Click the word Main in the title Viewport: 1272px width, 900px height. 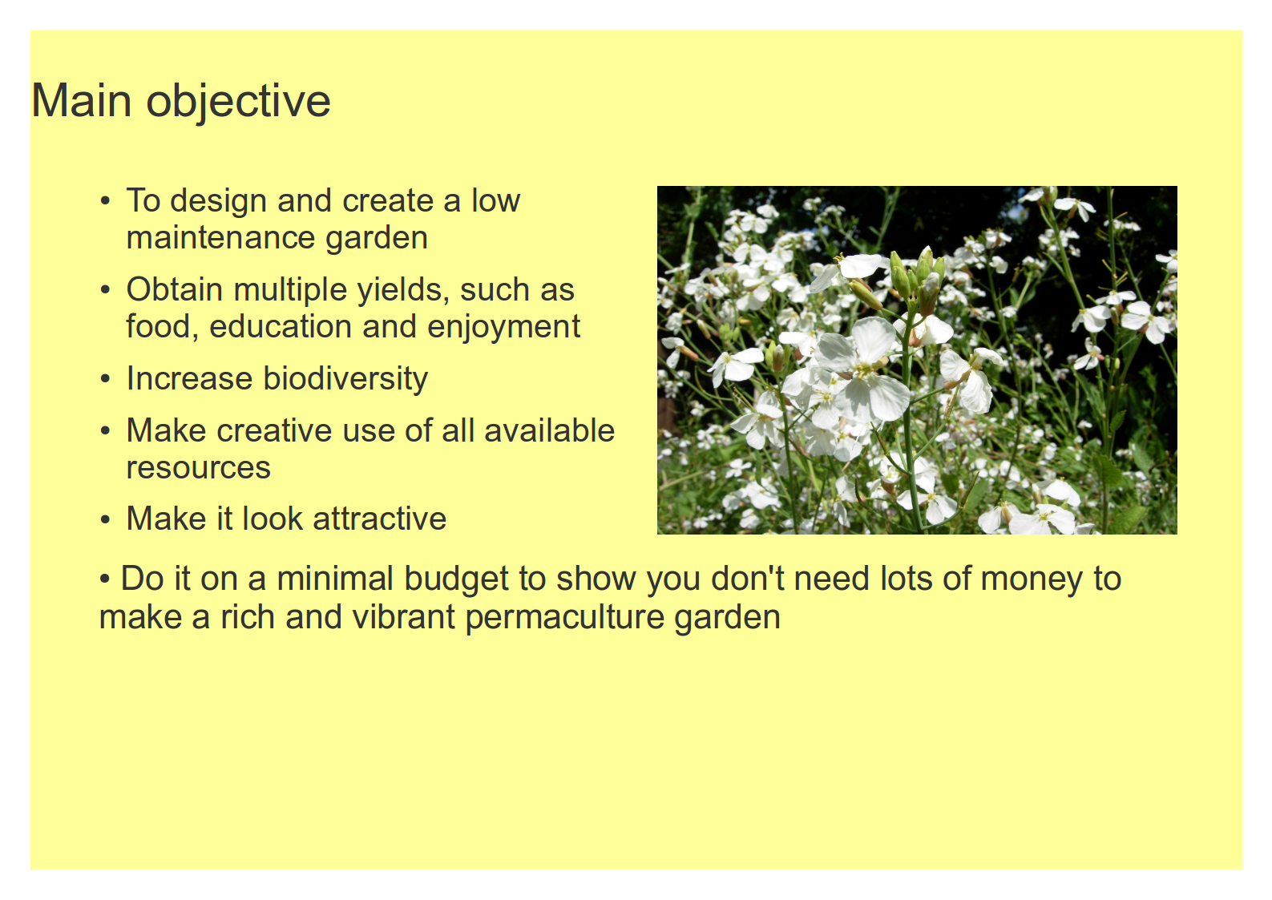[82, 100]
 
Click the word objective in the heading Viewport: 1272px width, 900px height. [239, 103]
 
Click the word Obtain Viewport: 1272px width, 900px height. [175, 289]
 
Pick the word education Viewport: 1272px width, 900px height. [281, 326]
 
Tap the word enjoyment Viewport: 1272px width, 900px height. [503, 328]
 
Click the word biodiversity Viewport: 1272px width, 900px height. [345, 379]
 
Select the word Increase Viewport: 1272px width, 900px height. [190, 379]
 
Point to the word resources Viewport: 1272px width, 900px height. [198, 469]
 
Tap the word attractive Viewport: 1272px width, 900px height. [379, 519]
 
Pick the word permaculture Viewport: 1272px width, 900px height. [564, 618]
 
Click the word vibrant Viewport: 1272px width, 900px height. [403, 616]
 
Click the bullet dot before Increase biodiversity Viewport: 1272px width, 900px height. [105, 379]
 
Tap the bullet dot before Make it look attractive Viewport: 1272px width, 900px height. [105, 519]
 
